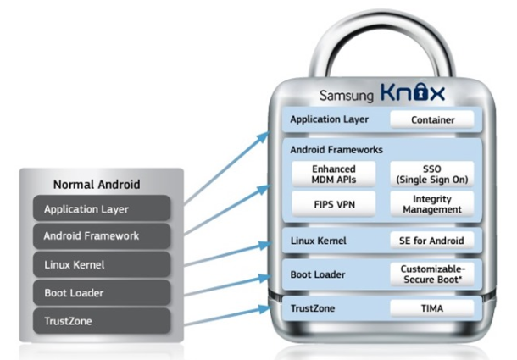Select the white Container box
click(433, 120)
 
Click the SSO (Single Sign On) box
click(432, 174)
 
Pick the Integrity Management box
click(432, 204)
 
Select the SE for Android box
click(433, 241)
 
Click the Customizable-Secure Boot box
click(433, 274)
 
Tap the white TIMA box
click(433, 309)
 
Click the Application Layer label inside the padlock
click(330, 120)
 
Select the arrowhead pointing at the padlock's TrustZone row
click(275, 307)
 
